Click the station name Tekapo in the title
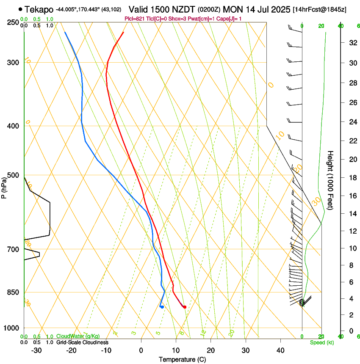39,9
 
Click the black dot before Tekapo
20,9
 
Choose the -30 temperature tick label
36,350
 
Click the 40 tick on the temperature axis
280,350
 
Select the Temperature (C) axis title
182,359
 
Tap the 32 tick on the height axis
352,42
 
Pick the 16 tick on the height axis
352,196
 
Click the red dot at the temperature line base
185,307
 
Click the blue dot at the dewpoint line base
162,307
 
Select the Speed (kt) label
321,342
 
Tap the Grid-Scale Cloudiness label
82,342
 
